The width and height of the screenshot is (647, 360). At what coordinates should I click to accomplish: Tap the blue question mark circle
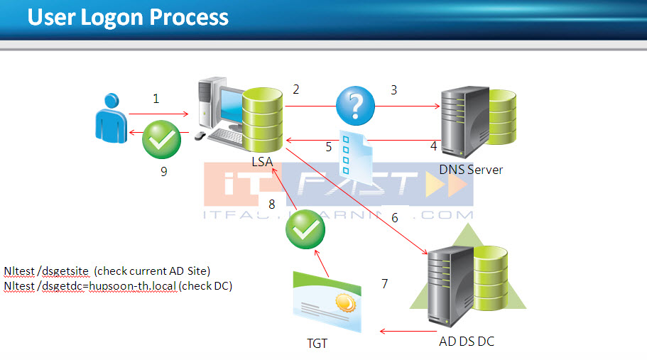[355, 106]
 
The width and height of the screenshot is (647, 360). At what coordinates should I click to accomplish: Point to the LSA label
[262, 163]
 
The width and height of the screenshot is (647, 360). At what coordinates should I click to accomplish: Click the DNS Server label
[470, 170]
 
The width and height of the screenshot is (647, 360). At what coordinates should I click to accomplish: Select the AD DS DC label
[466, 342]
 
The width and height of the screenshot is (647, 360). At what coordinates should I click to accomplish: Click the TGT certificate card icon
[326, 302]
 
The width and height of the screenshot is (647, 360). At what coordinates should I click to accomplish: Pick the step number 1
[156, 99]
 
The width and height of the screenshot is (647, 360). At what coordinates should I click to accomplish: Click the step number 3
[393, 89]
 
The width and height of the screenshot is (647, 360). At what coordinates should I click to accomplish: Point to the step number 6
[395, 218]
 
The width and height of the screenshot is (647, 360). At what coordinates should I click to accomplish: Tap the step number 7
[384, 284]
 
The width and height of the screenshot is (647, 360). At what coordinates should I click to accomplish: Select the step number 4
[433, 146]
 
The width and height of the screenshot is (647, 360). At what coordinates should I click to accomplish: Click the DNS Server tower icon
[461, 121]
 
